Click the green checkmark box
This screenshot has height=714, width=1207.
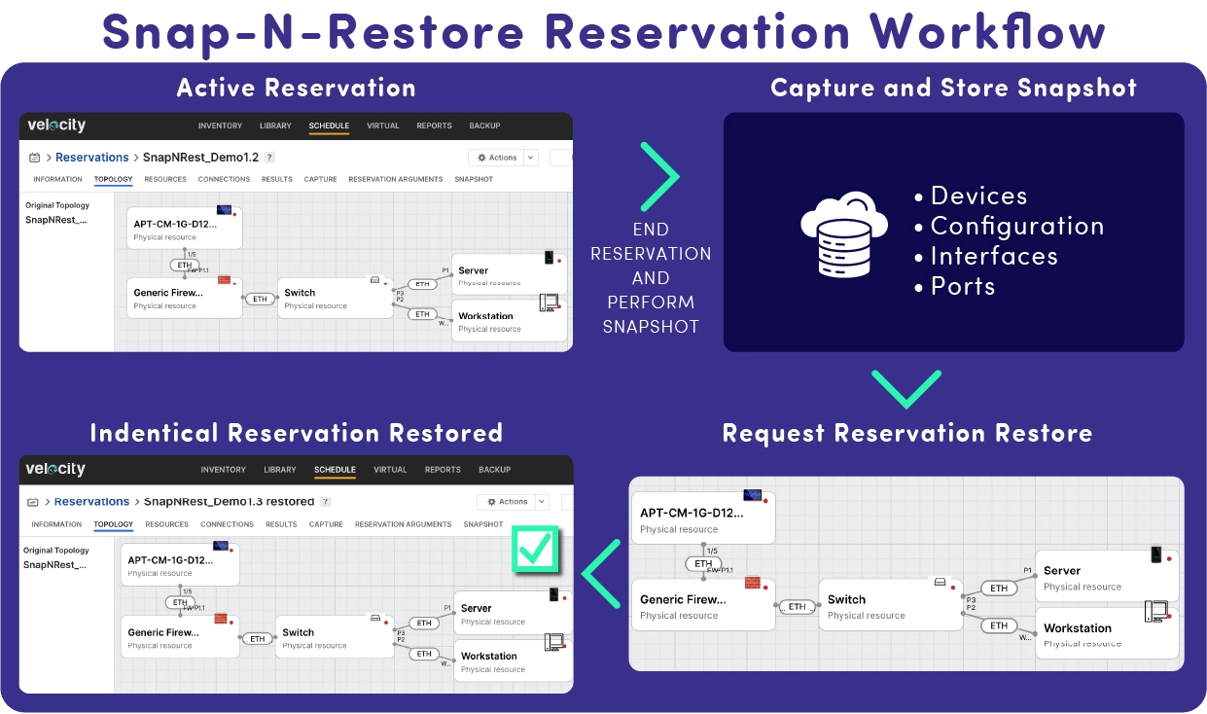click(x=535, y=551)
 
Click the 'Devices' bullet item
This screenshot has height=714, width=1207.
click(x=977, y=196)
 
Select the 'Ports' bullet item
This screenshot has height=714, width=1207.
click(x=962, y=286)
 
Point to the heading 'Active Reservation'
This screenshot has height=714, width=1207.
click(x=296, y=88)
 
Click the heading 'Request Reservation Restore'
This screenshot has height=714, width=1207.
click(x=906, y=433)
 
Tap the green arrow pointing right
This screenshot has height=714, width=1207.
click(x=659, y=176)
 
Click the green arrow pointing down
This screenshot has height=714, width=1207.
click(x=905, y=388)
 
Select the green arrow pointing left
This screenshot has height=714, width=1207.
click(x=601, y=574)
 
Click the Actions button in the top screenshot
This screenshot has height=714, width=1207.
click(x=497, y=158)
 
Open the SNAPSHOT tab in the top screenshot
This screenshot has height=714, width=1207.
click(x=473, y=179)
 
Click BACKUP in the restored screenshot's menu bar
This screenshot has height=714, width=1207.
click(x=494, y=470)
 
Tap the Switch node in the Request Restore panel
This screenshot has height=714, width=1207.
click(x=889, y=606)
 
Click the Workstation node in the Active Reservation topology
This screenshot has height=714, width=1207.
click(x=510, y=321)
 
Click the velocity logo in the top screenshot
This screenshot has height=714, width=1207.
click(x=55, y=125)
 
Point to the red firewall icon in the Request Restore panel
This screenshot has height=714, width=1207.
click(x=752, y=583)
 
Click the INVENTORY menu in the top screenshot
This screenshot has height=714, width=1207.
click(x=220, y=125)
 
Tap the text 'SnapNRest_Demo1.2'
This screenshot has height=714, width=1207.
click(x=200, y=158)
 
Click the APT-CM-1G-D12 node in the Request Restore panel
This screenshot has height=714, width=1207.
click(x=702, y=519)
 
